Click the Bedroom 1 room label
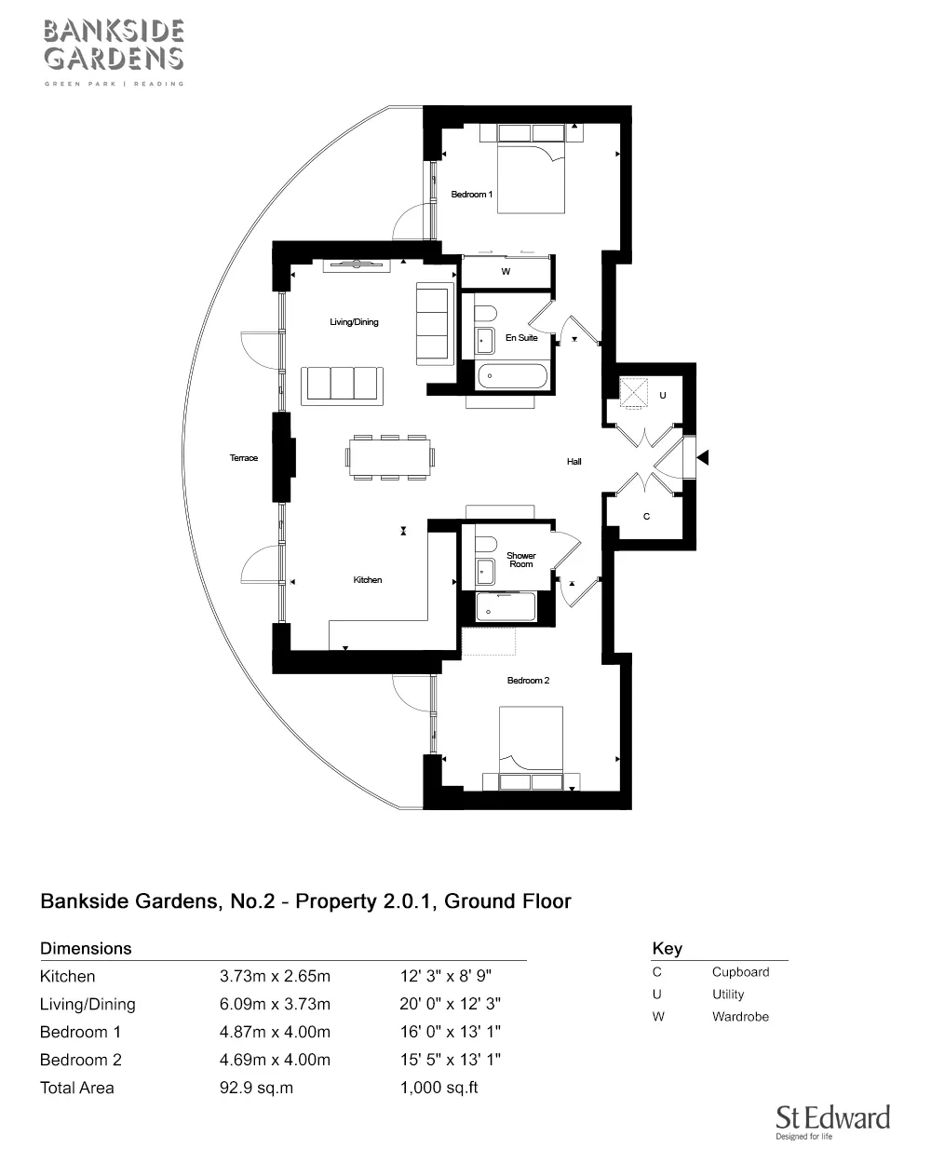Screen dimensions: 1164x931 471,195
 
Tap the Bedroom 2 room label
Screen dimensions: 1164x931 528,681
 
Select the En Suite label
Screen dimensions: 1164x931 521,338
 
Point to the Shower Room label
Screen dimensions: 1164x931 521,560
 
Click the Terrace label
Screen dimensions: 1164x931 244,458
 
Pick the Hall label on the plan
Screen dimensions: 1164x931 574,462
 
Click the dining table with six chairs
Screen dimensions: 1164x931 390,456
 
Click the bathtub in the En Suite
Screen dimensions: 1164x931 512,377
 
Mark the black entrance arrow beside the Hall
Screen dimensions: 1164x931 704,457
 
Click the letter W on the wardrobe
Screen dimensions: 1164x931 506,273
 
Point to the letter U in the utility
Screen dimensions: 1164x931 663,396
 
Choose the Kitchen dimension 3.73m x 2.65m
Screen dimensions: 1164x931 275,977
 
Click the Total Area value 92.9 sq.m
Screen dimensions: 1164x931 256,1088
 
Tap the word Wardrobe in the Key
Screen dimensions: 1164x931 740,1017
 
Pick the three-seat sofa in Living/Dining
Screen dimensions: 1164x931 343,385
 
